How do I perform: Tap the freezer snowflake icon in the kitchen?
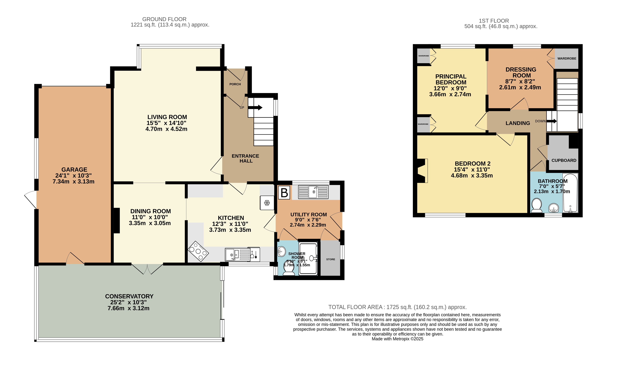pyautogui.click(x=267, y=203)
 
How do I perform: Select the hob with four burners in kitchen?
pyautogui.click(x=198, y=251)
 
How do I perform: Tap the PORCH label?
pyautogui.click(x=235, y=84)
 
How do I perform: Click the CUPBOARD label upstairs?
pyautogui.click(x=564, y=160)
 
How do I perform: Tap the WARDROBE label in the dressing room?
pyautogui.click(x=567, y=58)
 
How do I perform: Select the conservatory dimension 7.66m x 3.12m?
pyautogui.click(x=128, y=308)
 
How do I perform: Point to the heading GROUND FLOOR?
pyautogui.click(x=164, y=19)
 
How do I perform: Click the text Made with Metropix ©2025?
pyautogui.click(x=397, y=339)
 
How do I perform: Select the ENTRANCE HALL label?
pyautogui.click(x=245, y=158)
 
